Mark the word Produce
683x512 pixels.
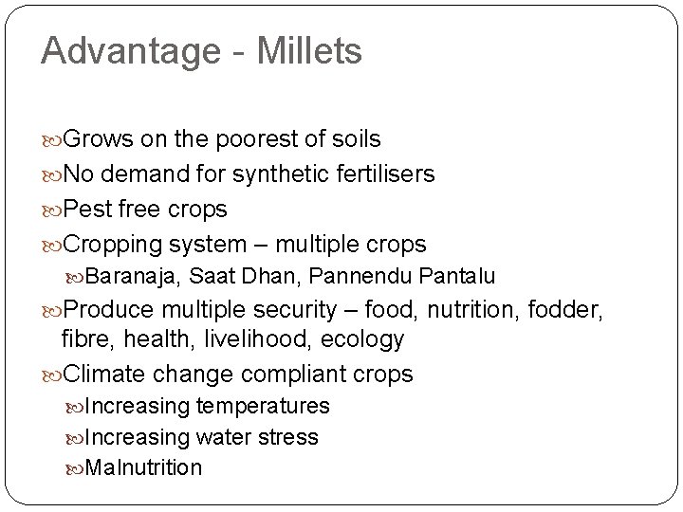tap(113, 310)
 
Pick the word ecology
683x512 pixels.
tap(365, 339)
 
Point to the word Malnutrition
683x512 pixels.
tap(143, 467)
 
